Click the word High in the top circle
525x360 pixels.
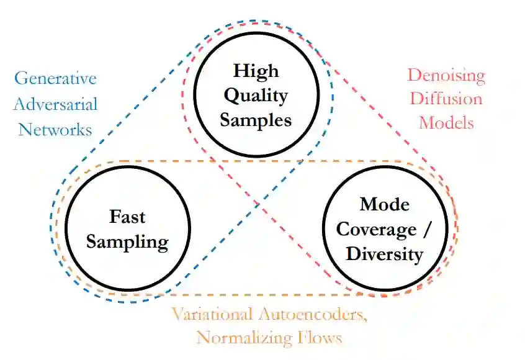pyautogui.click(x=256, y=70)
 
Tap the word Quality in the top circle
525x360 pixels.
pyautogui.click(x=256, y=95)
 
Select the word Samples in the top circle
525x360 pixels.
pyautogui.click(x=256, y=120)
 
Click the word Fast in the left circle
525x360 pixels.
pyautogui.click(x=127, y=217)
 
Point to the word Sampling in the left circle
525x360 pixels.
pyautogui.click(x=127, y=241)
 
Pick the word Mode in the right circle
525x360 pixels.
pyautogui.click(x=384, y=204)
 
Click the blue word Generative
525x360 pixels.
pyautogui.click(x=55, y=79)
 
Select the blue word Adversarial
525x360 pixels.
pyautogui.click(x=55, y=104)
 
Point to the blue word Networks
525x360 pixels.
pyautogui.click(x=55, y=129)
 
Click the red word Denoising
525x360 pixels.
pyautogui.click(x=446, y=76)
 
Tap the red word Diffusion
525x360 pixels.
pyautogui.click(x=446, y=99)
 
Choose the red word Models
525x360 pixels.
pyautogui.click(x=446, y=122)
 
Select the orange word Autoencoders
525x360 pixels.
pyautogui.click(x=320, y=315)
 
